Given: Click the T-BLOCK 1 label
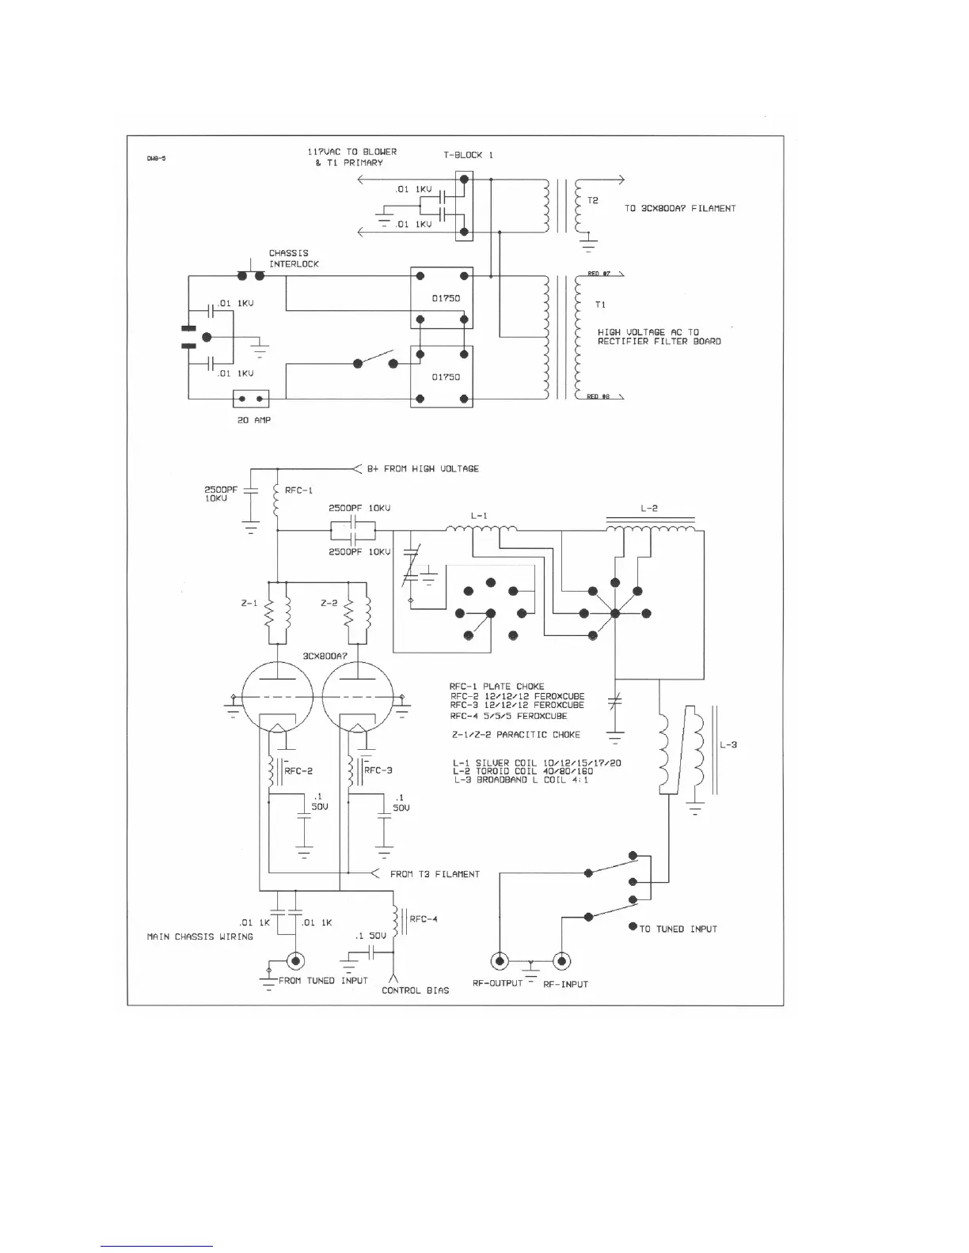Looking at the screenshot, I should [x=468, y=155].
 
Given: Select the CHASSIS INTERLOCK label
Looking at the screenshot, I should [x=294, y=259].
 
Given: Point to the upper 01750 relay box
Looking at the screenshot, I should [x=442, y=297].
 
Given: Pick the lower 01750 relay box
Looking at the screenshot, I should [x=442, y=377].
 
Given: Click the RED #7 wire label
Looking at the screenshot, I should [x=598, y=274].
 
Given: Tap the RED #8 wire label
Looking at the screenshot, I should [x=598, y=396].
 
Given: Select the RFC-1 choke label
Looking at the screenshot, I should [x=299, y=490].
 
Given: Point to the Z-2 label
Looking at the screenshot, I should [x=329, y=604].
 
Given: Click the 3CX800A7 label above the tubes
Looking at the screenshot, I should [x=325, y=657].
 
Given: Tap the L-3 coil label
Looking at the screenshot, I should [x=728, y=745].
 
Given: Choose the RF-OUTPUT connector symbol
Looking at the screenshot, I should [x=500, y=961].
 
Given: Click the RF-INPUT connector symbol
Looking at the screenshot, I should [x=560, y=961].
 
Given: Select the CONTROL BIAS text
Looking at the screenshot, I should [x=415, y=990].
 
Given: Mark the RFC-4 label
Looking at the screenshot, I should [x=424, y=919].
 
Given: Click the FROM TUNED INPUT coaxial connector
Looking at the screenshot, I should [x=297, y=961].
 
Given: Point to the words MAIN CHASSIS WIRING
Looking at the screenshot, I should [x=200, y=937].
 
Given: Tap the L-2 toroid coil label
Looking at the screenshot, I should [x=649, y=509].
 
